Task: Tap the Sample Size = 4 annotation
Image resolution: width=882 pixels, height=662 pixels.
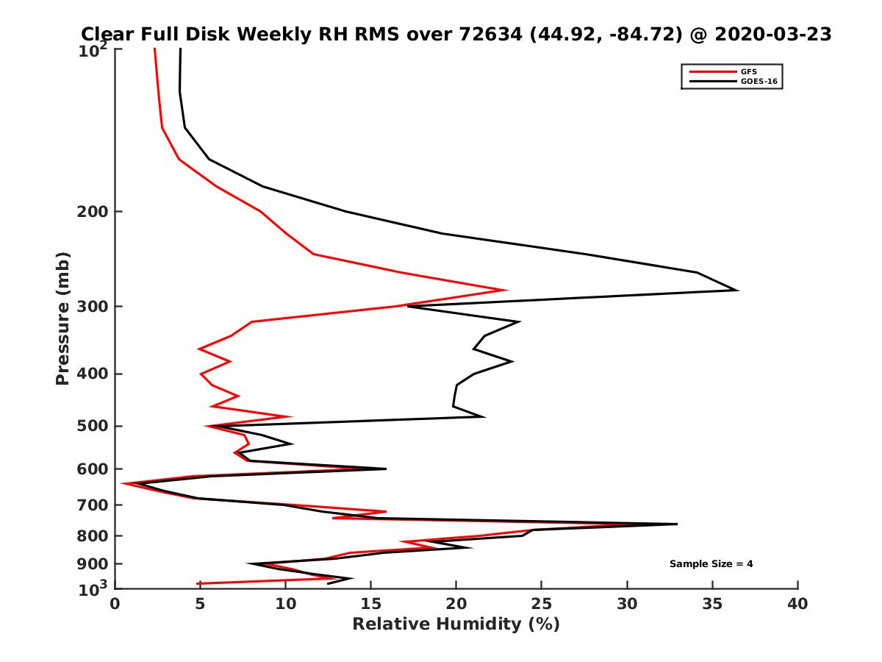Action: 711,564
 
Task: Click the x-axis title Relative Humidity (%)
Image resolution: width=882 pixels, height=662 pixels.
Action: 456,624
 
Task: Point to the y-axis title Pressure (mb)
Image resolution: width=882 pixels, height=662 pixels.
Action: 62,318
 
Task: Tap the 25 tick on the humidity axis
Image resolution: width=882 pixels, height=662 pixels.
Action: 542,605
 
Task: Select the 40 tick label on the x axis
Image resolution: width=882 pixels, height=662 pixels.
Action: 797,605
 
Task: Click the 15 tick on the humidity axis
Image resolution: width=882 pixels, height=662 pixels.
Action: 371,605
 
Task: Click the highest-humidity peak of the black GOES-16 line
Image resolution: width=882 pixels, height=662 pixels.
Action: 737,291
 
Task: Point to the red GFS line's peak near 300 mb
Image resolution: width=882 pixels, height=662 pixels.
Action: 506,290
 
